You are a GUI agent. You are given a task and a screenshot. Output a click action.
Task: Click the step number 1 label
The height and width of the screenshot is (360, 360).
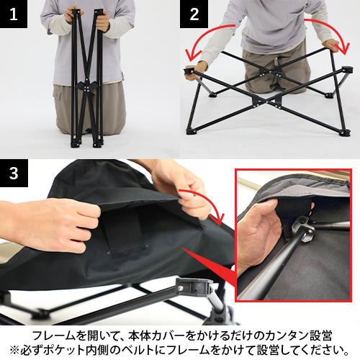click(14, 14)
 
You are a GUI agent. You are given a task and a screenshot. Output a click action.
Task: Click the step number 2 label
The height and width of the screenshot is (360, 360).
click(194, 14)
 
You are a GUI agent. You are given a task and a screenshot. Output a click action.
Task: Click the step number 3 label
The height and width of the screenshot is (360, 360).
click(14, 173)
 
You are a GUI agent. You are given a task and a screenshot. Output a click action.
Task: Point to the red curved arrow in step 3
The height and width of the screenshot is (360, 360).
click(207, 200)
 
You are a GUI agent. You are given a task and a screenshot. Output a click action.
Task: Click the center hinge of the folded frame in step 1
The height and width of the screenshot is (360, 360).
click(87, 87)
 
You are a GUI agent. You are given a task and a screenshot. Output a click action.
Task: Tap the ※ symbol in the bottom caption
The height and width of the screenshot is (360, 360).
click(14, 350)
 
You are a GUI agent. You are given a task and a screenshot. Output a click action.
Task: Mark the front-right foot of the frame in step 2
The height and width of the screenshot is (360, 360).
click(346, 132)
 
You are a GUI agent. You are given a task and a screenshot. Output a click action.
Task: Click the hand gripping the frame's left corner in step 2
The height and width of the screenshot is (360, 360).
click(196, 70)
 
